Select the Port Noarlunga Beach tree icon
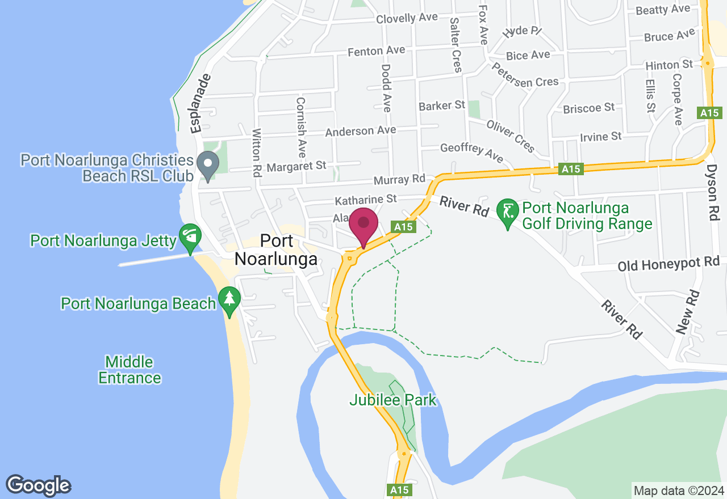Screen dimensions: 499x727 (x=229, y=300)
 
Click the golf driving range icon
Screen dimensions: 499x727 (x=507, y=213)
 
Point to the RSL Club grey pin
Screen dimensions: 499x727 (x=208, y=164)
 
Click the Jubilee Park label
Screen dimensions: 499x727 (x=392, y=400)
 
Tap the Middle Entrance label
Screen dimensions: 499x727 (x=129, y=370)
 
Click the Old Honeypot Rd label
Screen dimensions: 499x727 (x=668, y=264)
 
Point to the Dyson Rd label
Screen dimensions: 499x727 (x=713, y=193)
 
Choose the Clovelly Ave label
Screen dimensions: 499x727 (x=407, y=18)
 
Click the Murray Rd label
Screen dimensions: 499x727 (x=399, y=180)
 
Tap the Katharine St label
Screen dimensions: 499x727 (x=365, y=200)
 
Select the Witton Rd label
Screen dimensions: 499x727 (x=257, y=153)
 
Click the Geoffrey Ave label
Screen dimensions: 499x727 (x=471, y=152)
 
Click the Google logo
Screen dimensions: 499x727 (x=38, y=486)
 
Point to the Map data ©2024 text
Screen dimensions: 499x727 (x=678, y=490)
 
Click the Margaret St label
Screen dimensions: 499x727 (x=296, y=167)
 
